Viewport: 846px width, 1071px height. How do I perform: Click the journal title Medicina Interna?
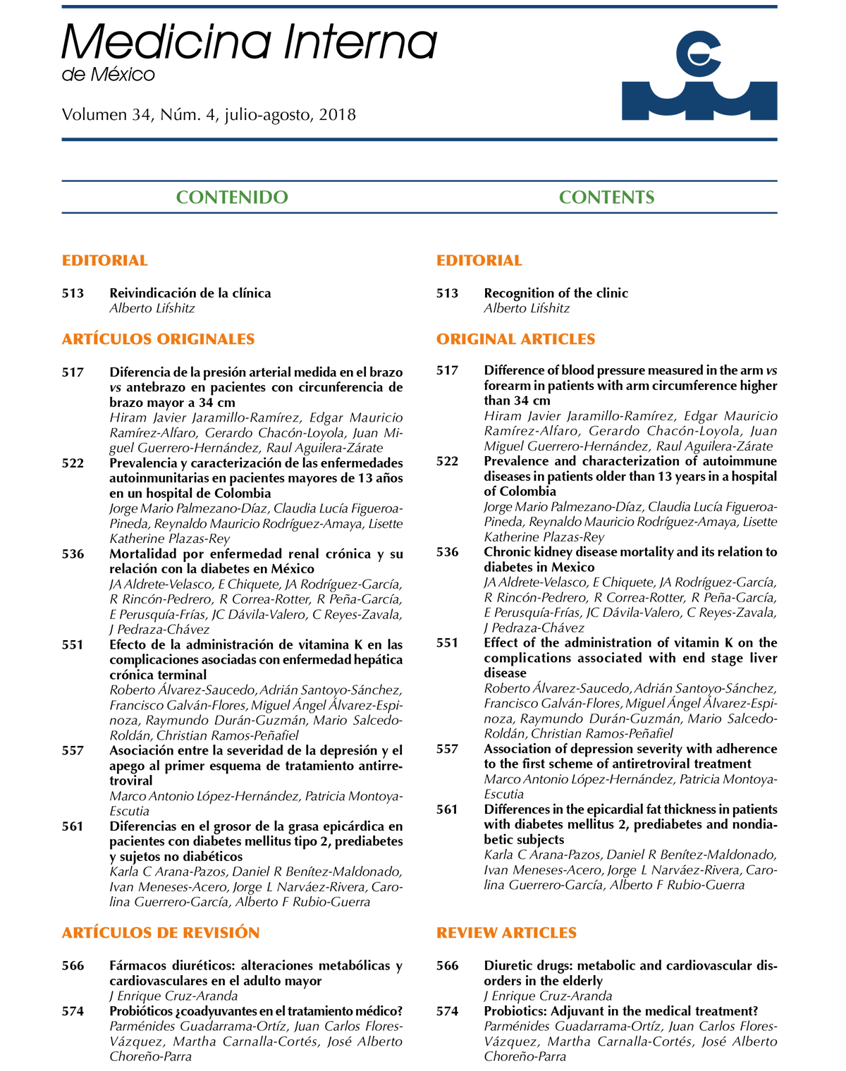coord(249,42)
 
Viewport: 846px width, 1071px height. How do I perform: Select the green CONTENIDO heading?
coord(232,197)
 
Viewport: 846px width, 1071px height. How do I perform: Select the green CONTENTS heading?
coord(606,197)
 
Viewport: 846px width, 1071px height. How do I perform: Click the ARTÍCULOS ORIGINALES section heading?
coord(158,339)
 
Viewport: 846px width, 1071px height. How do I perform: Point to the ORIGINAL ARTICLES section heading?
coord(515,339)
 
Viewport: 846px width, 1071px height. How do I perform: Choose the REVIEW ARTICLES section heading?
coord(506,933)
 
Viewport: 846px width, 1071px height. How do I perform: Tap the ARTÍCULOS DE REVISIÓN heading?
coord(161,933)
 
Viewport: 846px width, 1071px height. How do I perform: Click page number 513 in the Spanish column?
coord(73,293)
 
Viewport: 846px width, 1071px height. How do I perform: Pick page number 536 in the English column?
coord(447,552)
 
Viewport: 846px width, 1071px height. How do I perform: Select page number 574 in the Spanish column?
coord(73,1011)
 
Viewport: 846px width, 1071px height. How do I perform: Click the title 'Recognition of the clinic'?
coord(556,293)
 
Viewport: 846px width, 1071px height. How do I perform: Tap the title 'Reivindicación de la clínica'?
coord(190,293)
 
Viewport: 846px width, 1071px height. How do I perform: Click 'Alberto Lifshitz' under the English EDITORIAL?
coord(526,309)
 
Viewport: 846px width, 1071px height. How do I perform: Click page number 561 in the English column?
coord(447,809)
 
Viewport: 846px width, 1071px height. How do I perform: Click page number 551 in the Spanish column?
coord(73,644)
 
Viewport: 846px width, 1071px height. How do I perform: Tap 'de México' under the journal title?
coord(108,75)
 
